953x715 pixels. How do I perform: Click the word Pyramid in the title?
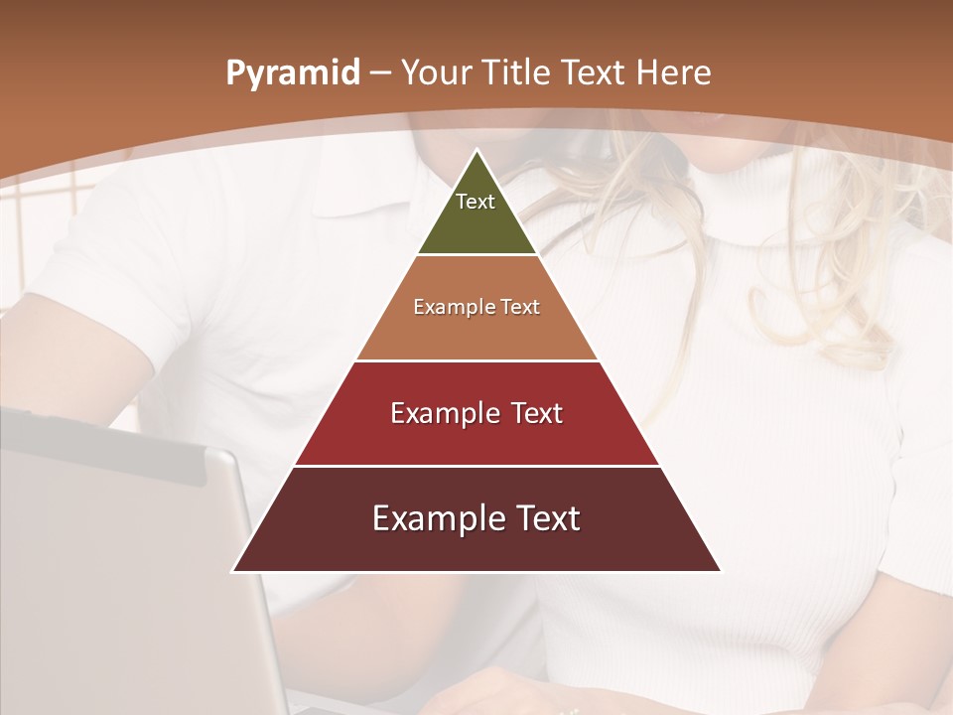[x=292, y=72]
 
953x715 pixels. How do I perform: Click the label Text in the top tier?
[x=476, y=202]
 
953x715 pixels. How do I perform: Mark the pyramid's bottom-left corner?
[x=233, y=571]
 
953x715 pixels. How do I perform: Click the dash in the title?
[x=380, y=72]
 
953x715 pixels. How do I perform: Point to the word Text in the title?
[x=595, y=72]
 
